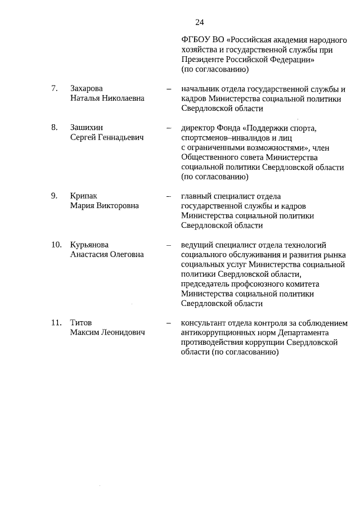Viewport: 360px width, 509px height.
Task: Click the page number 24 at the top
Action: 199,22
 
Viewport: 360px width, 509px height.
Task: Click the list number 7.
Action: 54,88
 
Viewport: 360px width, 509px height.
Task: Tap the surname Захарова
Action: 87,88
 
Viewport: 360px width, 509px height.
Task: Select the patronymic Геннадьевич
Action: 117,137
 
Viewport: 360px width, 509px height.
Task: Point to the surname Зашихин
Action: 86,128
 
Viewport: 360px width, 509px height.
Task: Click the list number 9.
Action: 54,196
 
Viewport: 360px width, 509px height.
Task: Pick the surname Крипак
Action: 84,196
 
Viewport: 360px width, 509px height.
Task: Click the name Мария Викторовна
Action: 104,206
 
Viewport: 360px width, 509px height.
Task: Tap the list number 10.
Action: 56,245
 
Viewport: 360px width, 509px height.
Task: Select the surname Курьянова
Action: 90,245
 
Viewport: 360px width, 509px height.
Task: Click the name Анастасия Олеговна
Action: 107,255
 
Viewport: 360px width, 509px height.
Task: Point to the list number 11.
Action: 56,323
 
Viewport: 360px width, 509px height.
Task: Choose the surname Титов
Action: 81,323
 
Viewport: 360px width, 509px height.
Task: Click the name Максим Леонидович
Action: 107,333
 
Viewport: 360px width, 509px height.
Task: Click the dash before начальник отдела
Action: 168,89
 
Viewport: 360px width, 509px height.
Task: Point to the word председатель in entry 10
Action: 207,284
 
